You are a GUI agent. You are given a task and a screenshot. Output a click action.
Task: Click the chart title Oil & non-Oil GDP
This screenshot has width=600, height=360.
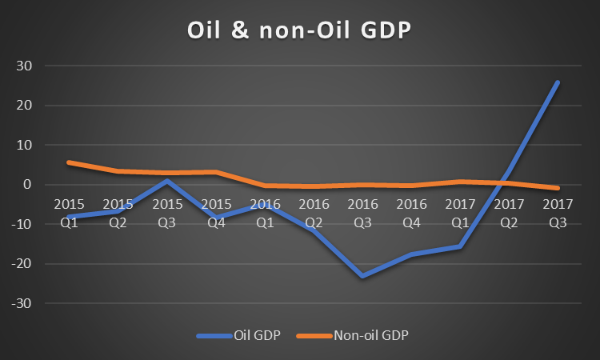[299, 30]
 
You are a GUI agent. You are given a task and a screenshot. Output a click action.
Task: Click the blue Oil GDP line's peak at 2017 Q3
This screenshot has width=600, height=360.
[558, 82]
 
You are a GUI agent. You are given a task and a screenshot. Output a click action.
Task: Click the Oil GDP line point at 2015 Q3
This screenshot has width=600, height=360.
[166, 181]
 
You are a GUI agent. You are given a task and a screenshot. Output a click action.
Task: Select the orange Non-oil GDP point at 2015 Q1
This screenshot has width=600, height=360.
[69, 162]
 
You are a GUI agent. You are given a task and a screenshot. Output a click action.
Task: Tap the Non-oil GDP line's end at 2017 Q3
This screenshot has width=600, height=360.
[558, 188]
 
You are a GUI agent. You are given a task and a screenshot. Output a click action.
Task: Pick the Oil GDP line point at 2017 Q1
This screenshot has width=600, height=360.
[460, 246]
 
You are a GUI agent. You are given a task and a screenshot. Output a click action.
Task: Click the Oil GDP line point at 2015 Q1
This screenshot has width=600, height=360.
[69, 217]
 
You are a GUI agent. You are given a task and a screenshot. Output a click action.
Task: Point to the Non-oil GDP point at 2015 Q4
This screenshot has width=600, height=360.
[215, 172]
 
